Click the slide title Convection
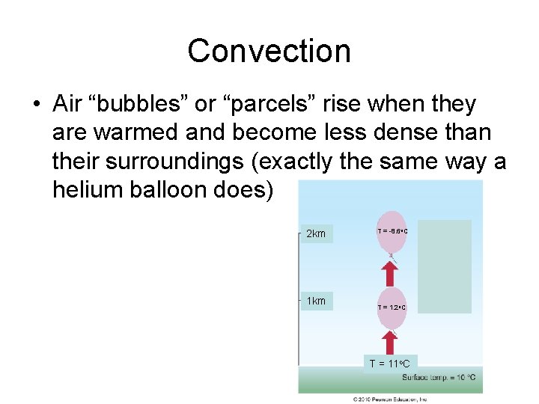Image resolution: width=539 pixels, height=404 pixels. click(269, 51)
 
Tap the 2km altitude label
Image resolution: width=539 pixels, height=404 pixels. click(316, 234)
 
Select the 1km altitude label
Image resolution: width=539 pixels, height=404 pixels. click(316, 301)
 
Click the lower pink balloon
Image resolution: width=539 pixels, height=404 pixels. click(391, 307)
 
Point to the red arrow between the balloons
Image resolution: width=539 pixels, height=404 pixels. click(391, 272)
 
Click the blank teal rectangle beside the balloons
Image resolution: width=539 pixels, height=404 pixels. click(445, 266)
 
